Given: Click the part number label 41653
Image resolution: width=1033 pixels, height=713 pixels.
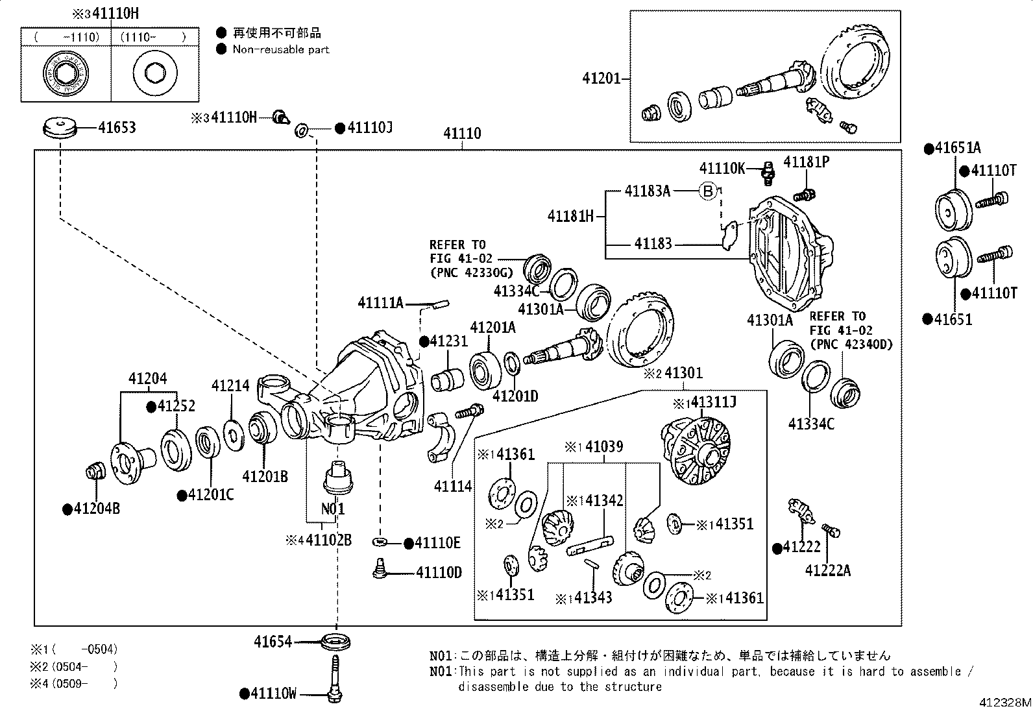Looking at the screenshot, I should click(x=117, y=127).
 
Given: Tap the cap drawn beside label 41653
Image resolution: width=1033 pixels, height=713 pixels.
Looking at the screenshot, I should click(x=60, y=127).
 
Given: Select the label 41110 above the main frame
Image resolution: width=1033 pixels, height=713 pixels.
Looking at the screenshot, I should click(x=462, y=134).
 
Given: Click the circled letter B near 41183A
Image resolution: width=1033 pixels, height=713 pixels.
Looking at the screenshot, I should click(x=709, y=191).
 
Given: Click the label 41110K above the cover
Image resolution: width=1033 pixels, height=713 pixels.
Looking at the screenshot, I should click(x=722, y=169).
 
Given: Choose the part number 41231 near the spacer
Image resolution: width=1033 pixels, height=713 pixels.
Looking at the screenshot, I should click(x=448, y=341).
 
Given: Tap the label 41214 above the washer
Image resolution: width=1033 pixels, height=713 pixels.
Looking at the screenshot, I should click(x=230, y=386).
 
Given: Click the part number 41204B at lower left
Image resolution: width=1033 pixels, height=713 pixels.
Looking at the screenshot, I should click(x=96, y=509).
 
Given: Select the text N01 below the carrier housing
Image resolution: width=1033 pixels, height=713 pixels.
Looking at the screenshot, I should click(x=333, y=508).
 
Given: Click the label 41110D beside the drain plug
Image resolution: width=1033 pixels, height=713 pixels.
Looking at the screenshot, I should click(x=439, y=572).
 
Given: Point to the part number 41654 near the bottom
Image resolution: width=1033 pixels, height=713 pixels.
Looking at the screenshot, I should click(x=273, y=642).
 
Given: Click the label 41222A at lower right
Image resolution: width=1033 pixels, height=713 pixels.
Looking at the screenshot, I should click(x=827, y=570).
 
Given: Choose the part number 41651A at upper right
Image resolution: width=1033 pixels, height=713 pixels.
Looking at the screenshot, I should click(x=957, y=149).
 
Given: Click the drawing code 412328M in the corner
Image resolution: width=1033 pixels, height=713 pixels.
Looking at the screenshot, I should click(x=1005, y=703).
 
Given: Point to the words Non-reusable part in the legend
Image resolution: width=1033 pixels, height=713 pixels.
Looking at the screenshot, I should click(x=281, y=49).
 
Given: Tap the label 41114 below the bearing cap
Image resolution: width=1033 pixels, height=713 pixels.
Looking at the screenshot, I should click(x=453, y=486).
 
